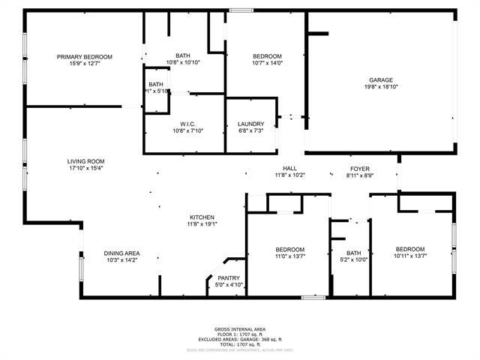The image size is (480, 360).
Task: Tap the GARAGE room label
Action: click(380, 80)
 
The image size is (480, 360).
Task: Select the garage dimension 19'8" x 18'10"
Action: click(380, 87)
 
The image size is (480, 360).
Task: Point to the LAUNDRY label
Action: click(250, 124)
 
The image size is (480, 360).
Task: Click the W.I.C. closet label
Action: click(187, 124)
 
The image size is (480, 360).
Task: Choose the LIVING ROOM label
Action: click(85, 161)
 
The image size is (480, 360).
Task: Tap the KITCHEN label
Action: click(202, 217)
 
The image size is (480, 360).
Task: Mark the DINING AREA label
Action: click(121, 253)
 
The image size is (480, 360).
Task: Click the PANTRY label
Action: click(229, 278)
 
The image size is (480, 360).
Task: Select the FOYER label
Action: click(360, 168)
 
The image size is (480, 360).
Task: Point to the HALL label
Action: click(289, 168)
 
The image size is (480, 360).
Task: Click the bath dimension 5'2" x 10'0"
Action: click(354, 260)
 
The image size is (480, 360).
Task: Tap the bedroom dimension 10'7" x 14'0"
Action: click(267, 63)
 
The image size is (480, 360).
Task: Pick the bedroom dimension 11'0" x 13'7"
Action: click(289, 256)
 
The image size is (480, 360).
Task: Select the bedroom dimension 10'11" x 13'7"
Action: click(410, 256)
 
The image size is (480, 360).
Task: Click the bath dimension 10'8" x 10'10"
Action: click(183, 62)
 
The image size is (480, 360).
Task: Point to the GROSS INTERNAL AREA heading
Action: click(239, 329)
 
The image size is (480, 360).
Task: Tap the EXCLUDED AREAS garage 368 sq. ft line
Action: click(239, 339)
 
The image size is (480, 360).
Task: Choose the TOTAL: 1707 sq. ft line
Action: click(239, 344)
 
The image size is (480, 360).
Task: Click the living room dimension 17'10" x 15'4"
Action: click(85, 168)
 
